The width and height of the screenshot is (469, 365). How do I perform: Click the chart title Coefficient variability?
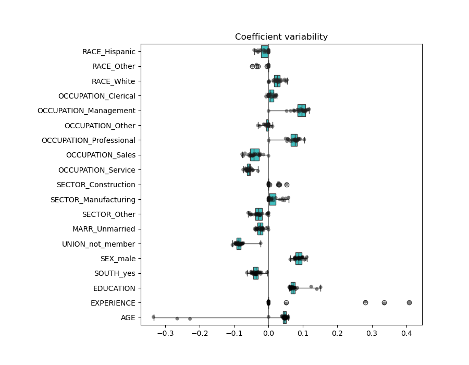[281, 37]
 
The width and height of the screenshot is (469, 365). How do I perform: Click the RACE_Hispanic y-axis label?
[108, 52]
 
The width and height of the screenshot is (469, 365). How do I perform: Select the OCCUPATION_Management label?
[86, 111]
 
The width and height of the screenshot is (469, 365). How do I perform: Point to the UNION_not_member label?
[98, 244]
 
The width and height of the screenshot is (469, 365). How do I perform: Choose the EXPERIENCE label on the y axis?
[113, 303]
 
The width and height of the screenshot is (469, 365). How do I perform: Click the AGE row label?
[128, 318]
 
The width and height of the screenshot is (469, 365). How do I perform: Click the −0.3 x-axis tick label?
[165, 333]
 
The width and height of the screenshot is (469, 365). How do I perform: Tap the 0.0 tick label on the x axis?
[268, 333]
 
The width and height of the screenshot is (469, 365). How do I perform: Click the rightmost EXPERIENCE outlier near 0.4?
[409, 302]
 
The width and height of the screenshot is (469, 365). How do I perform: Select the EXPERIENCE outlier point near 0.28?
[365, 302]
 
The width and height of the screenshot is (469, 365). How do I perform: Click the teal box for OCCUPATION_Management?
[302, 111]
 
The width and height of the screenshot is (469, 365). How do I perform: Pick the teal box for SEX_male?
[299, 259]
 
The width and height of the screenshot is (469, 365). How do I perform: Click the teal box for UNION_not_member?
[239, 244]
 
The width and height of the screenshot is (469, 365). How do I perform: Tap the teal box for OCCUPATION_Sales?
[254, 155]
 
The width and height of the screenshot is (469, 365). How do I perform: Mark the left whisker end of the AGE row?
[154, 318]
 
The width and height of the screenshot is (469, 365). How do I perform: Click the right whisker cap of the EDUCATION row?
[320, 288]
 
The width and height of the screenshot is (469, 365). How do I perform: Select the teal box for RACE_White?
[277, 81]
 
